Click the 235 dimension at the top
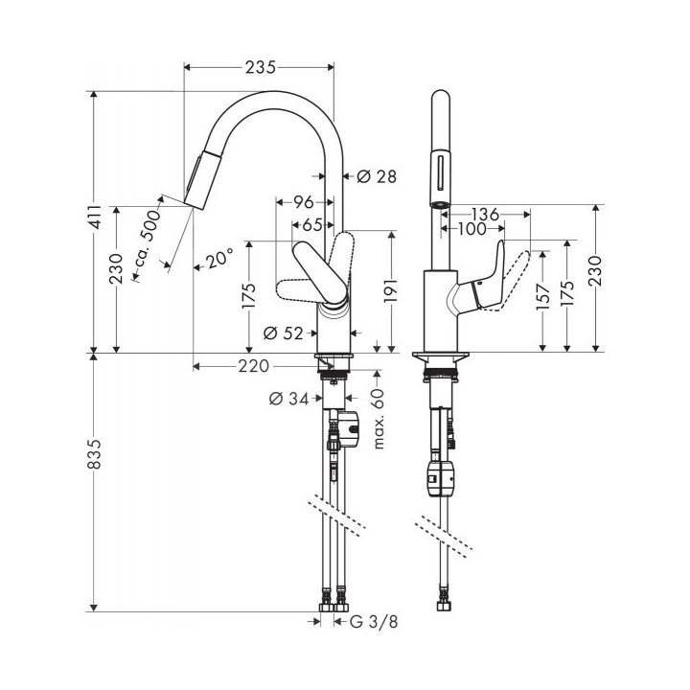point(260,67)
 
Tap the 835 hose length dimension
point(94,462)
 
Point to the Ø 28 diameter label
point(377,176)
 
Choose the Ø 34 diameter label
point(290,398)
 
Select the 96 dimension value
point(304,202)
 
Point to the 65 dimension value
point(311,226)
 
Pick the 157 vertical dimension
point(544,299)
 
